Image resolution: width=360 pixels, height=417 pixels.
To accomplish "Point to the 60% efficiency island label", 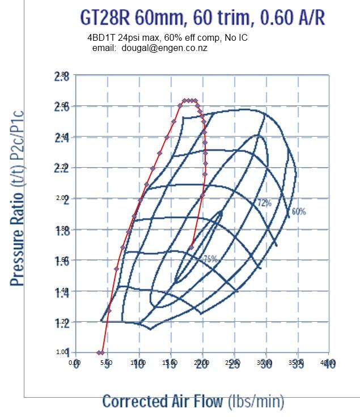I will coord(298,211).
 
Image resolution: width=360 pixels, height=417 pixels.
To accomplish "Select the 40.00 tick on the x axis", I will coord(328,363).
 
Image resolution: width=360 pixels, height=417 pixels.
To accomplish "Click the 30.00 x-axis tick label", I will coord(265,363).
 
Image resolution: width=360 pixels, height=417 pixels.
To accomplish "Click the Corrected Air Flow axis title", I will coord(193,401).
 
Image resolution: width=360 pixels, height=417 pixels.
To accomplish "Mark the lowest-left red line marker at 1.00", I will coord(99,352).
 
